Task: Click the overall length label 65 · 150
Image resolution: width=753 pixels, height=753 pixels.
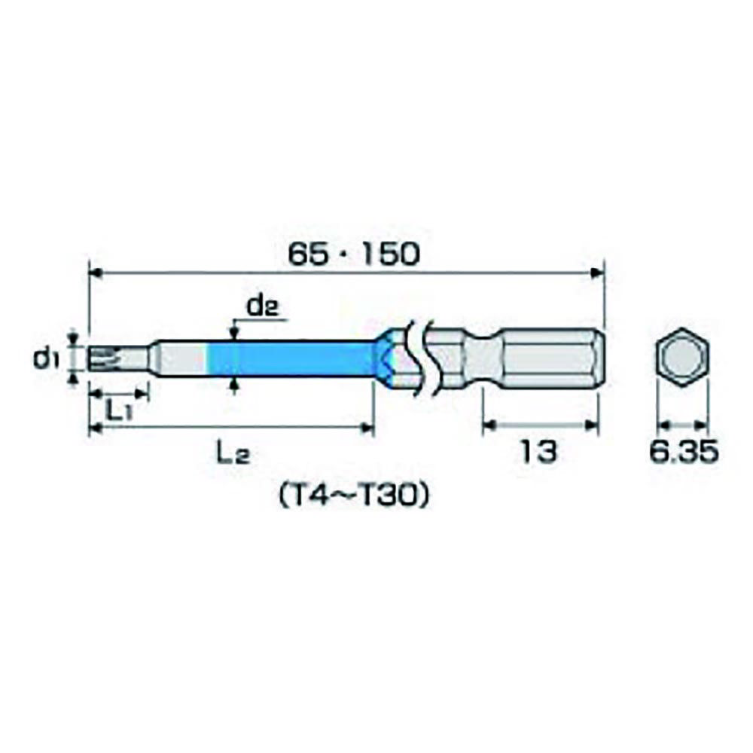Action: [x=353, y=254]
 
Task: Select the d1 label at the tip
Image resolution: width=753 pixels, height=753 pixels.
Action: [x=46, y=358]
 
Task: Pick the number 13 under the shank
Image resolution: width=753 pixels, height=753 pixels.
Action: [x=539, y=452]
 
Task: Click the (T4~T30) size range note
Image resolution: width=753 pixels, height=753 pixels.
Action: [x=353, y=495]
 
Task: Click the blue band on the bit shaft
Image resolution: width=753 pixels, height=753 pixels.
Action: [x=291, y=358]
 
